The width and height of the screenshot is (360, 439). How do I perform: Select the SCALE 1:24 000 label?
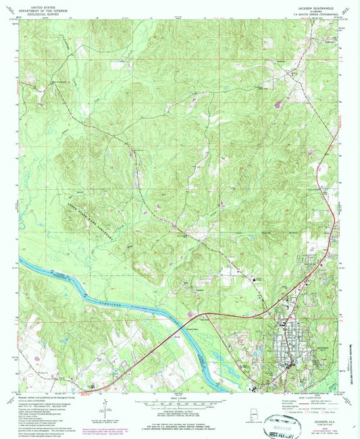click(x=180, y=395)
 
